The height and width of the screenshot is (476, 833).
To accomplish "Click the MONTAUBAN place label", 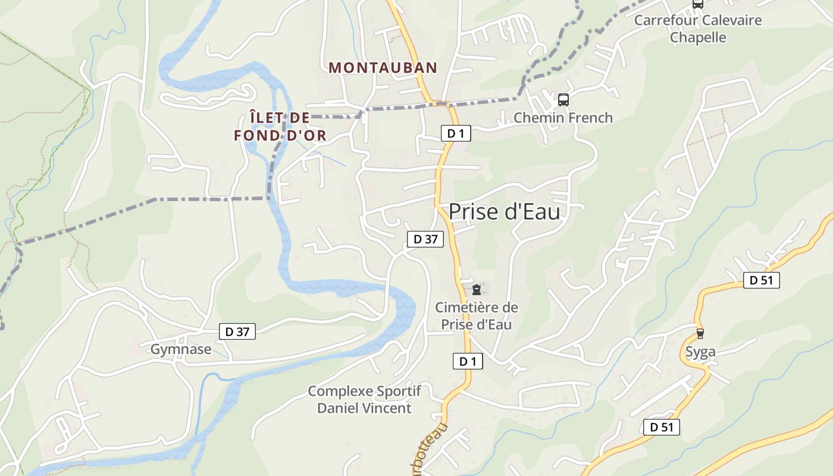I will pyautogui.click(x=383, y=68).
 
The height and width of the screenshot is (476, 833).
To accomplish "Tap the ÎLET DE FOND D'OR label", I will pyautogui.click(x=280, y=127).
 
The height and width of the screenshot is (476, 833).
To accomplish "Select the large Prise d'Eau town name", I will pyautogui.click(x=504, y=212).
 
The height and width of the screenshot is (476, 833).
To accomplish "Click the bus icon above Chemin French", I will pyautogui.click(x=563, y=100).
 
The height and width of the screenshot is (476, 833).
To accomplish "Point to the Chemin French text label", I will pyautogui.click(x=563, y=118).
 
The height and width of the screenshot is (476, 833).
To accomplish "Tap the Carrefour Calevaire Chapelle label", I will pyautogui.click(x=698, y=29).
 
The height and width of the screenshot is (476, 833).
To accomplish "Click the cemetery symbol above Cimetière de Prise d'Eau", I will pyautogui.click(x=476, y=290).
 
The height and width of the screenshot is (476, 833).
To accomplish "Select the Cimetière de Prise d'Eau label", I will pyautogui.click(x=476, y=316).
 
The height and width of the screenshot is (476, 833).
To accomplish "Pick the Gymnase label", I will pyautogui.click(x=180, y=349).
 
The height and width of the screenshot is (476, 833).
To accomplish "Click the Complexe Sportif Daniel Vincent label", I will pyautogui.click(x=364, y=399).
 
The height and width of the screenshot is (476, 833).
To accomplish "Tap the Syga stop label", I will pyautogui.click(x=700, y=352).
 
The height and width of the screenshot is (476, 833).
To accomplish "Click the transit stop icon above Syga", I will pyautogui.click(x=700, y=333).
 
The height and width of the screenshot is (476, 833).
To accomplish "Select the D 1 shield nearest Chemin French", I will pyautogui.click(x=455, y=133).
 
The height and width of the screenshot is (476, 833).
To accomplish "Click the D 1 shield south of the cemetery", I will pyautogui.click(x=468, y=361).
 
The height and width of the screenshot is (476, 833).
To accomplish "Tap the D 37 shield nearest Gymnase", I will pyautogui.click(x=237, y=332).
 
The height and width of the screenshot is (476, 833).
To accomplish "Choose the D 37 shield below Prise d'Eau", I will pyautogui.click(x=425, y=239).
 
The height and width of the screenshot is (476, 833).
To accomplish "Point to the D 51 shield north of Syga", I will pyautogui.click(x=761, y=280).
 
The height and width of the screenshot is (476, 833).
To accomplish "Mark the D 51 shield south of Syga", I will pyautogui.click(x=661, y=427).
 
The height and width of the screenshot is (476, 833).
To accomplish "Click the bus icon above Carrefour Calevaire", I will pyautogui.click(x=697, y=4).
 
